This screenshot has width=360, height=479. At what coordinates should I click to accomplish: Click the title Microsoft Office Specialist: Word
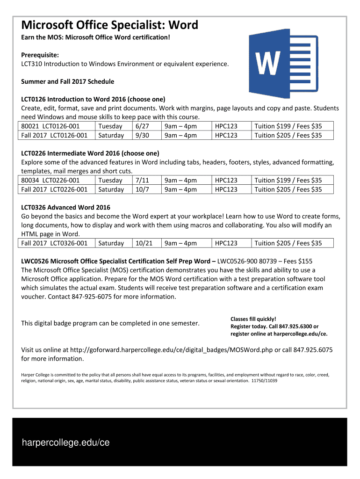pos(109,25)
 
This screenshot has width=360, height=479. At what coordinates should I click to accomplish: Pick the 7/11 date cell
pos(142,180)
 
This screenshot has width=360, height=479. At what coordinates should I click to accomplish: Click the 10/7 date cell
pos(142,189)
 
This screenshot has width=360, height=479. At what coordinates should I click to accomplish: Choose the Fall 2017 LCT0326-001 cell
pos(54,243)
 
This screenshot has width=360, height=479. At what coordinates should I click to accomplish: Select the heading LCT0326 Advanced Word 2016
pos(65,207)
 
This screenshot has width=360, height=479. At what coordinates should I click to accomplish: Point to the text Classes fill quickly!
pos(250,319)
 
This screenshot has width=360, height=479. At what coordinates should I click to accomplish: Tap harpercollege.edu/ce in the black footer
pos(65,443)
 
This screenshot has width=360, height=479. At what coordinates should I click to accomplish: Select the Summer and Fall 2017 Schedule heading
pos(67,81)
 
